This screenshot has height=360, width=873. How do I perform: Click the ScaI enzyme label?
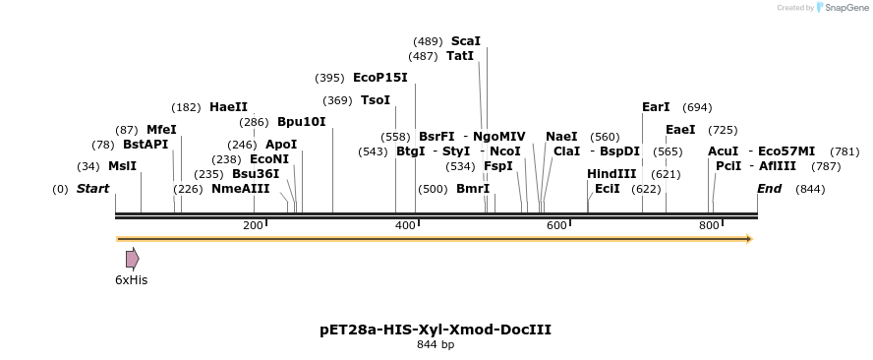(x=465, y=41)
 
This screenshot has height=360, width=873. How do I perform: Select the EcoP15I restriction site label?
(x=379, y=78)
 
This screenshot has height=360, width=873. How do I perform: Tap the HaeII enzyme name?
(x=228, y=107)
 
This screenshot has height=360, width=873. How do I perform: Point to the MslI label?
(x=122, y=166)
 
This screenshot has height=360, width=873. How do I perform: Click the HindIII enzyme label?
(x=611, y=174)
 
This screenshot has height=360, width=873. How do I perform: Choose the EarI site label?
(x=656, y=107)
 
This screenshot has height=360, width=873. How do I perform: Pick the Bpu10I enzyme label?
(x=301, y=122)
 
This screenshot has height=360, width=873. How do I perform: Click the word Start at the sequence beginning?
(x=92, y=189)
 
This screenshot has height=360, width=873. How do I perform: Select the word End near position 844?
(x=769, y=189)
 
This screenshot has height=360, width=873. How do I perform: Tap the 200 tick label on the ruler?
(x=253, y=226)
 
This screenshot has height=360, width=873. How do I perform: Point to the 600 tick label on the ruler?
(x=556, y=226)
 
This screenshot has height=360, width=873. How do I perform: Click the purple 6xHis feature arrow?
(x=132, y=259)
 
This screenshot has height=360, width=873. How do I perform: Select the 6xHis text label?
(x=131, y=280)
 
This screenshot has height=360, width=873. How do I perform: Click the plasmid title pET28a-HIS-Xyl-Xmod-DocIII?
(x=436, y=330)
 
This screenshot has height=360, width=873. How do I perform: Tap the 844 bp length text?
(x=436, y=345)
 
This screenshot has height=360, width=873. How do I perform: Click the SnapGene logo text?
(x=844, y=8)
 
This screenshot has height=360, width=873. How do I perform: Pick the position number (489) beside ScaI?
(x=428, y=41)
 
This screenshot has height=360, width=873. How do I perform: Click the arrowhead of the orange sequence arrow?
(x=749, y=239)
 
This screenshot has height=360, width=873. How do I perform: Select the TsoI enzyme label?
(x=376, y=100)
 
